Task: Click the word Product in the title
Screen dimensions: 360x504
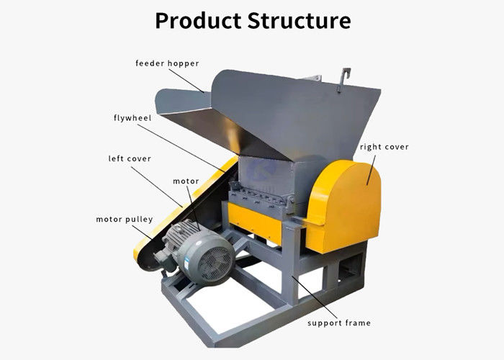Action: [x=197, y=21]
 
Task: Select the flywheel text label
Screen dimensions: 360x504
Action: [x=132, y=117]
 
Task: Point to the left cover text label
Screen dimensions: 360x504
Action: [x=130, y=158]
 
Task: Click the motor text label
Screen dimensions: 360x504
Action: [x=184, y=181]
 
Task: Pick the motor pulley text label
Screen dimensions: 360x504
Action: [x=124, y=219]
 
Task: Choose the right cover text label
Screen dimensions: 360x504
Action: [x=384, y=147]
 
